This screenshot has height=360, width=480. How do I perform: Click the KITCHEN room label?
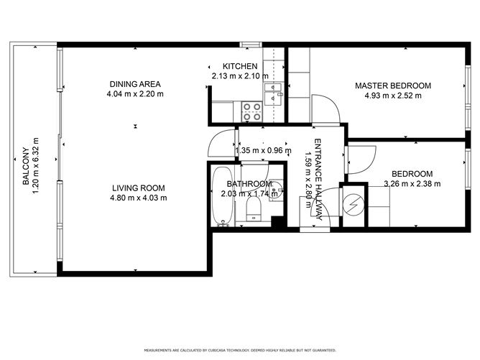pos(240,66)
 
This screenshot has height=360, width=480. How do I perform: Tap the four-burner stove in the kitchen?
pos(251,111)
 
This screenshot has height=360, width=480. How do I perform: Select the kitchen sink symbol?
pos(273,89)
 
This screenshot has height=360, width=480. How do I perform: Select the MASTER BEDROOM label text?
pos(393,86)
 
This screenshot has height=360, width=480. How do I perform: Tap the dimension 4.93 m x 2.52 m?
pos(393,95)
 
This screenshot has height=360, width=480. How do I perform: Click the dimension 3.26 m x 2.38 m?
pos(412,183)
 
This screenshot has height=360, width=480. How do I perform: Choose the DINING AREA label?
pos(135,84)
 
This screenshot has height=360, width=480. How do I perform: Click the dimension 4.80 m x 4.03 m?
pos(139,198)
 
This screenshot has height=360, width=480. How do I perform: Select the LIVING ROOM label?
pos(139,188)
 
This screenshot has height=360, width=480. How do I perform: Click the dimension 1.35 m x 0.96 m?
pos(264,151)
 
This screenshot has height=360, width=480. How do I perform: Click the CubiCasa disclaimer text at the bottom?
pos(240,351)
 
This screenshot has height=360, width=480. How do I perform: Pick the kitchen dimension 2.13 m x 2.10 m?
pos(240,75)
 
